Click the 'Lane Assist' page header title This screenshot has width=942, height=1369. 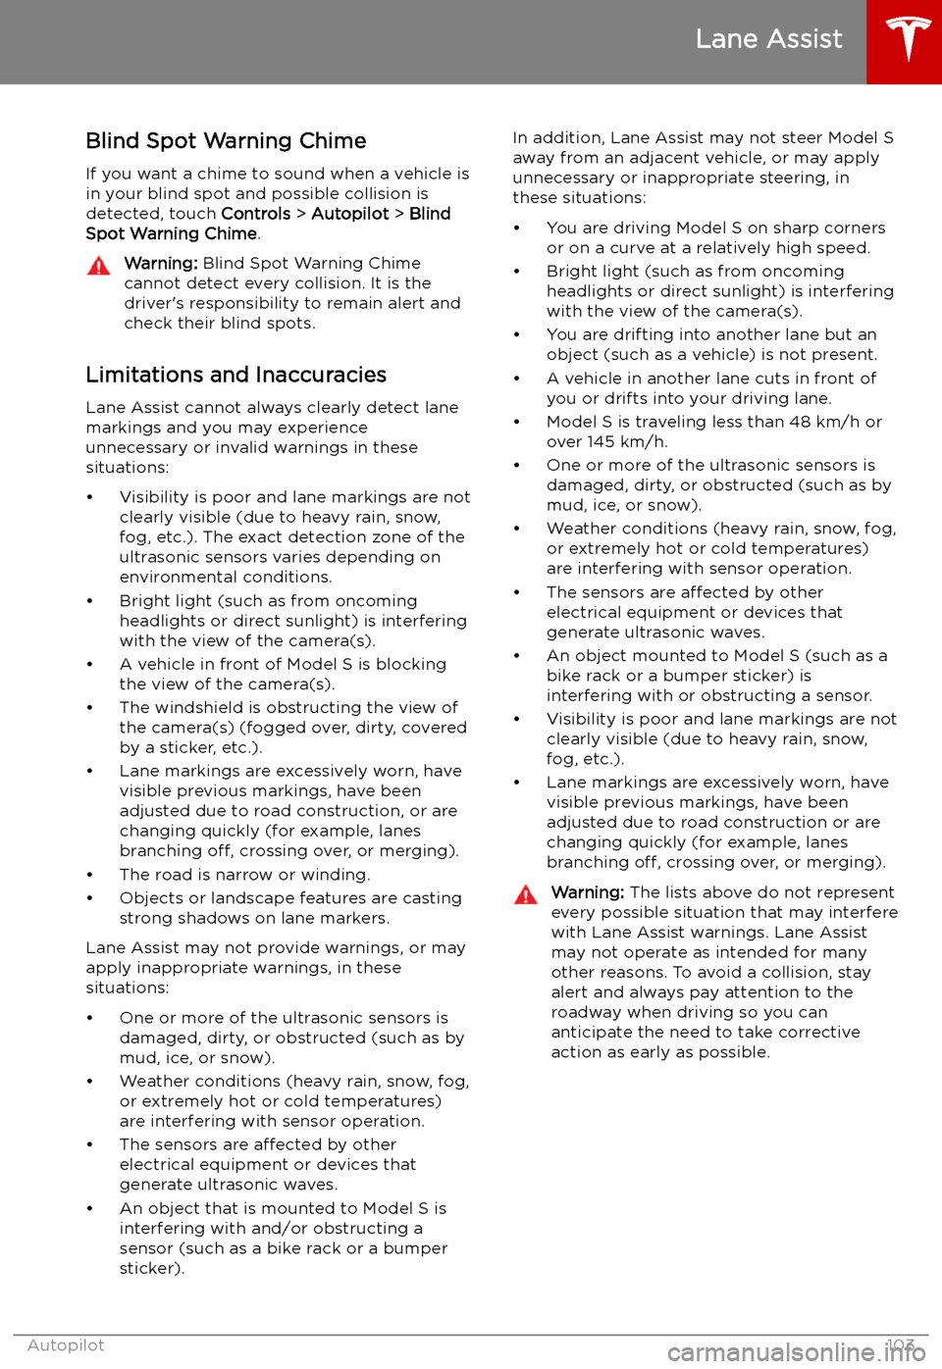point(768,39)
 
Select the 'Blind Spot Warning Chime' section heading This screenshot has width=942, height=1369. point(226,141)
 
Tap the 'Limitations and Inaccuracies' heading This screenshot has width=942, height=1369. point(235,375)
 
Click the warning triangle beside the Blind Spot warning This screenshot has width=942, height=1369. point(99,266)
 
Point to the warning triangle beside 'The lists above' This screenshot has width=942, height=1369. point(526,894)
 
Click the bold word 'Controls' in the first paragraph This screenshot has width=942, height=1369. point(256,214)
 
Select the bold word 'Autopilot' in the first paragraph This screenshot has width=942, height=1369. point(350,214)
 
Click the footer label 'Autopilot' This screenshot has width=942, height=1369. point(66,1345)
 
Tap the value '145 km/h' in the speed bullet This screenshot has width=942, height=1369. point(627,442)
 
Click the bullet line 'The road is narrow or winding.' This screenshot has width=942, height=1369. point(244,875)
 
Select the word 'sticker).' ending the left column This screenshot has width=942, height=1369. point(152,1269)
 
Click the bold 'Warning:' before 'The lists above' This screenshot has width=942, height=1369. point(588,892)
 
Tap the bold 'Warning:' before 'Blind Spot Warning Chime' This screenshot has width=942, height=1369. point(161,264)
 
